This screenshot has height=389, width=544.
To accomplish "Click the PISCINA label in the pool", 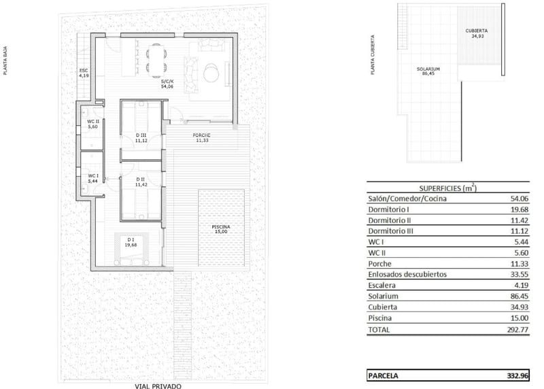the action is [x=221, y=227].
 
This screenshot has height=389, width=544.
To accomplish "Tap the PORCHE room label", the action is [x=201, y=135].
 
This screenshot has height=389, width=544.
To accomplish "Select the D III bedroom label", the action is [x=141, y=135].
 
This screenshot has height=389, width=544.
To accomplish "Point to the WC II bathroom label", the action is [x=93, y=122].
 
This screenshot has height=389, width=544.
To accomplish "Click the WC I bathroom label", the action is [x=93, y=176].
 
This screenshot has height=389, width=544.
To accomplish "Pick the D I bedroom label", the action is [x=131, y=240].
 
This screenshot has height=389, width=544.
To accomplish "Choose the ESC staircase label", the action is [x=84, y=71].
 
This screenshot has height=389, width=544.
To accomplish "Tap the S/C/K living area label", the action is [x=167, y=82].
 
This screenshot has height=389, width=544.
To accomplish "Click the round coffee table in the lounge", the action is [x=211, y=73].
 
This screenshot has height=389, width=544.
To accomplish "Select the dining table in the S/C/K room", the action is [x=156, y=61].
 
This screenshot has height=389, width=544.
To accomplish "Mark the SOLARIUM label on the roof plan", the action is [x=428, y=69].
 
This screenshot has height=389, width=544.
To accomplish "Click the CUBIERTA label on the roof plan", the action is [x=477, y=31].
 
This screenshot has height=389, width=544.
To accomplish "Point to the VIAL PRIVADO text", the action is [x=158, y=386].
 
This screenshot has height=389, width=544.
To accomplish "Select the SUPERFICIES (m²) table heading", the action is [x=448, y=188].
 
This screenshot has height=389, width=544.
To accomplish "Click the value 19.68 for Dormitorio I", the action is [x=520, y=209].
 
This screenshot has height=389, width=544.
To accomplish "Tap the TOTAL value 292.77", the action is [x=517, y=330].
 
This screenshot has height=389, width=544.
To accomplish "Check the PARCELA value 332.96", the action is [x=517, y=376].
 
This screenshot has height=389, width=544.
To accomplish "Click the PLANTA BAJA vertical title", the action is [x=5, y=61].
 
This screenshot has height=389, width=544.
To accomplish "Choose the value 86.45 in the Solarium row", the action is [x=520, y=297].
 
